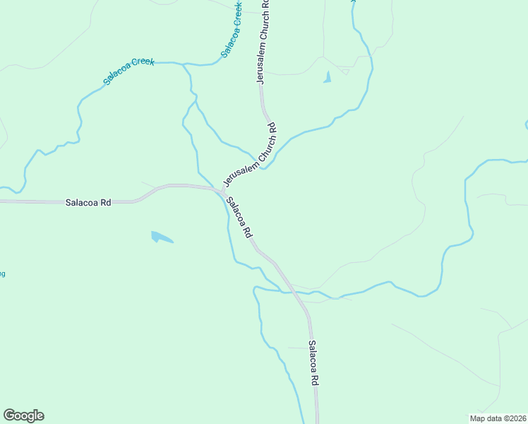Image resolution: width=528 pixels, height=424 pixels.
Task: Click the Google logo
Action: pos(23,416)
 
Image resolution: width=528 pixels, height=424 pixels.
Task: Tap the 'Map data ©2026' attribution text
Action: pos(498,418)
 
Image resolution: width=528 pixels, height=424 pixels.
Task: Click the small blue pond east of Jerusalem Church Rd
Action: pos(327,78)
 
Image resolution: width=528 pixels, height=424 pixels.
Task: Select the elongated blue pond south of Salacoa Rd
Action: pos(161,237)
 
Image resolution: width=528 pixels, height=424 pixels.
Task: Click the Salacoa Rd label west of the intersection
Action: pos(88,202)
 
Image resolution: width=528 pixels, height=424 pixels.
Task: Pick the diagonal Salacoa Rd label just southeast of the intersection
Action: pos(239,216)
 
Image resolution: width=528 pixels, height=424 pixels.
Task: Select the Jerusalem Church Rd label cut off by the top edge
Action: pos(266,4)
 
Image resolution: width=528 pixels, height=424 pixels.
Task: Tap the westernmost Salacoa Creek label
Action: pos(128,71)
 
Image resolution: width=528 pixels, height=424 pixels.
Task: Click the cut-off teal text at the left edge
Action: pos(2,273)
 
